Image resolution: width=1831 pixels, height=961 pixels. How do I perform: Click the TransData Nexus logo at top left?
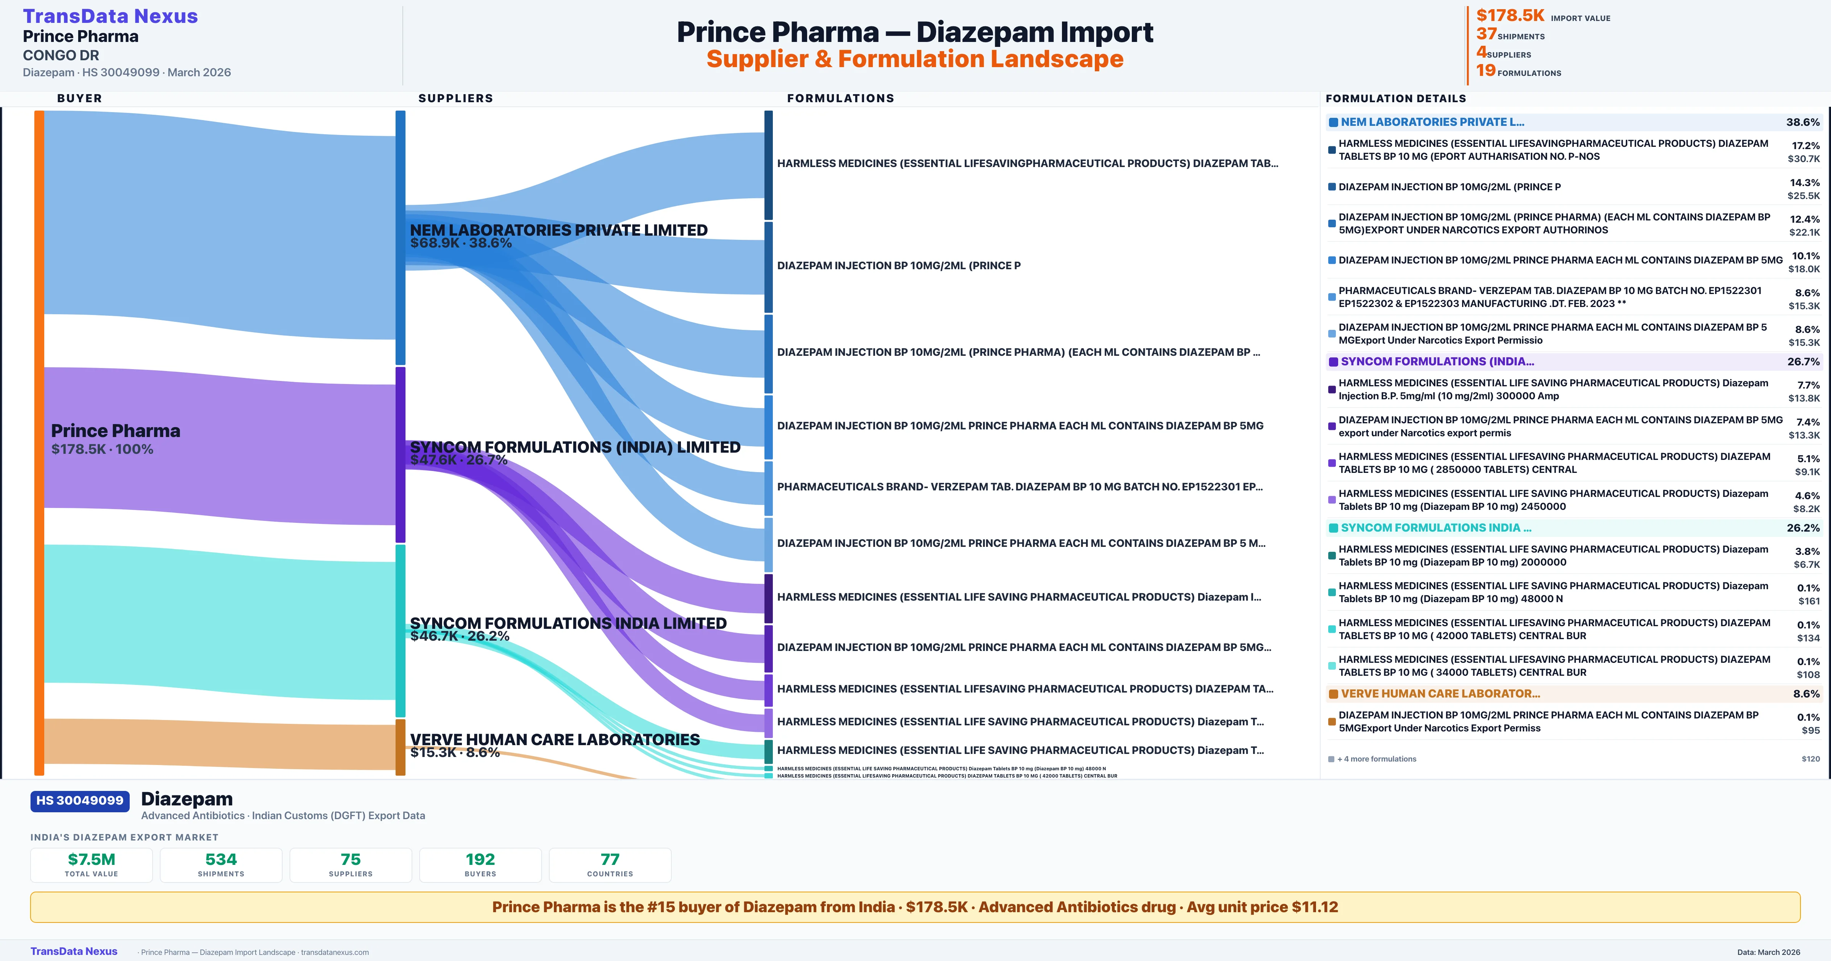coord(110,16)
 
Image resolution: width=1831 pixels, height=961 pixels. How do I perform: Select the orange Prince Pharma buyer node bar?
coord(39,441)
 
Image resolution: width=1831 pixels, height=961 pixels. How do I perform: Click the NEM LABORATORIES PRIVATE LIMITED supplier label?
coord(559,230)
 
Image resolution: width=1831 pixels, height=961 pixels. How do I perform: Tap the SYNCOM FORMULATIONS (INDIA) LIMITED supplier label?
coord(575,447)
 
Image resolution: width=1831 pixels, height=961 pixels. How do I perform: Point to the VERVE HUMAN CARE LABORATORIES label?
coord(554,740)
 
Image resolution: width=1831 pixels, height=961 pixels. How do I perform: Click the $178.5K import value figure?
coord(1510,16)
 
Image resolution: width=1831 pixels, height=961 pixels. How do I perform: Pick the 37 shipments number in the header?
coord(1486,34)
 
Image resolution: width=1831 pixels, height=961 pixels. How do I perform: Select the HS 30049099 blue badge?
coord(80,801)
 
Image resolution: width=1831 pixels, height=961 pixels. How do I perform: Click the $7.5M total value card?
coord(92,865)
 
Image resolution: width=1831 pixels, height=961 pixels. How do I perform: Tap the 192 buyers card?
coord(481,865)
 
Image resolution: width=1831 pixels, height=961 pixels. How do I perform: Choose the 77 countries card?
coord(610,865)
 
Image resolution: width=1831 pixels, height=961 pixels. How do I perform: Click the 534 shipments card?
coord(221,865)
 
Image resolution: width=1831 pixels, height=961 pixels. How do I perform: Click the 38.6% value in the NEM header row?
coord(1802,122)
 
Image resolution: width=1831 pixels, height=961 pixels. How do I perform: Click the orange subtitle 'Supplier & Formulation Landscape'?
coord(915,59)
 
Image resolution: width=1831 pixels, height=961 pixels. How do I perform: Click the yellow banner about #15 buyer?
coord(915,907)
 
